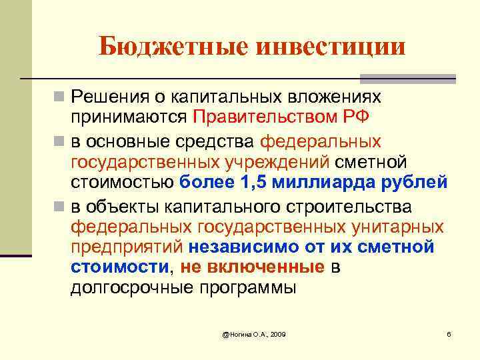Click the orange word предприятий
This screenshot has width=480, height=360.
(x=126, y=247)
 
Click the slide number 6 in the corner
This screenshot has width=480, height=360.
(x=449, y=333)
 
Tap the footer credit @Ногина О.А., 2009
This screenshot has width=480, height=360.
(x=254, y=333)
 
